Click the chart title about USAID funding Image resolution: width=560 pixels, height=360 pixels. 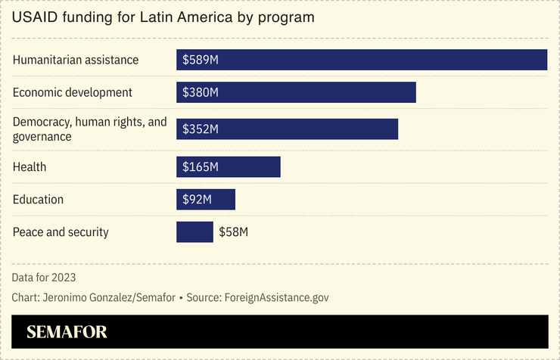(x=163, y=17)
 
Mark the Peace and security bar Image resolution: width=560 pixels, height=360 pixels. (x=194, y=232)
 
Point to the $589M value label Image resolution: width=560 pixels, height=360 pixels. (x=201, y=60)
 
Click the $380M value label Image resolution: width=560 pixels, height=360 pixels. (x=201, y=92)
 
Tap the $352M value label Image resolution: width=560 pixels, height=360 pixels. (x=201, y=129)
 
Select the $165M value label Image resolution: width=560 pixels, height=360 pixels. (x=201, y=166)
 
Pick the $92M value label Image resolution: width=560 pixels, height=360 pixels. (x=197, y=200)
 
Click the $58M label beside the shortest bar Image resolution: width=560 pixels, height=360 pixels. (x=234, y=232)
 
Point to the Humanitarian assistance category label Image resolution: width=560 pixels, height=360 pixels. (x=76, y=60)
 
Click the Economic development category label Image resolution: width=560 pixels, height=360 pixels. (x=73, y=92)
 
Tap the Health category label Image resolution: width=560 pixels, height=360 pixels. (x=30, y=166)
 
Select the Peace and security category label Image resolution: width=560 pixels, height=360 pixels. (x=61, y=232)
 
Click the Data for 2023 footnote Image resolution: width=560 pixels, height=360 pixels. (x=44, y=278)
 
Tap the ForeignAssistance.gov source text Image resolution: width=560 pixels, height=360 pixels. (x=276, y=297)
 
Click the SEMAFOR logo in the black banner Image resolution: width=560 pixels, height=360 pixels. (x=67, y=332)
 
